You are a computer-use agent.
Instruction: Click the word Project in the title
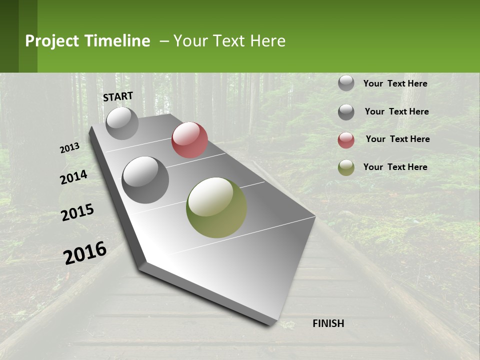click(51, 41)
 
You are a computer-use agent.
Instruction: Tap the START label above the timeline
click(118, 96)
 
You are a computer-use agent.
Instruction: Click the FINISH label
click(328, 323)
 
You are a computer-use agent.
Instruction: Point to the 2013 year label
click(69, 148)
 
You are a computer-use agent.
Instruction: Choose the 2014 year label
click(73, 177)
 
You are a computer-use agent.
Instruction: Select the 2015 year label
click(77, 212)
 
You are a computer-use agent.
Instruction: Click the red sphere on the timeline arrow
click(189, 140)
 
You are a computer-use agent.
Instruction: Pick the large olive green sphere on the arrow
click(216, 207)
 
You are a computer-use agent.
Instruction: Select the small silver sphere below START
click(122, 123)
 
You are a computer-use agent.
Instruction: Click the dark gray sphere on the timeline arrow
click(145, 180)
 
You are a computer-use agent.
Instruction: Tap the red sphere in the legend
click(346, 140)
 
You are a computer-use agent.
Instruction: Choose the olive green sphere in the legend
click(346, 167)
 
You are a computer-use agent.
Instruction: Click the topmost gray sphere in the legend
click(346, 83)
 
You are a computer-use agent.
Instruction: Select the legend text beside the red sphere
click(397, 139)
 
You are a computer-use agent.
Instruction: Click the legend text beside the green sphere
click(395, 167)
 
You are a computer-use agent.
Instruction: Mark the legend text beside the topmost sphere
click(395, 83)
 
